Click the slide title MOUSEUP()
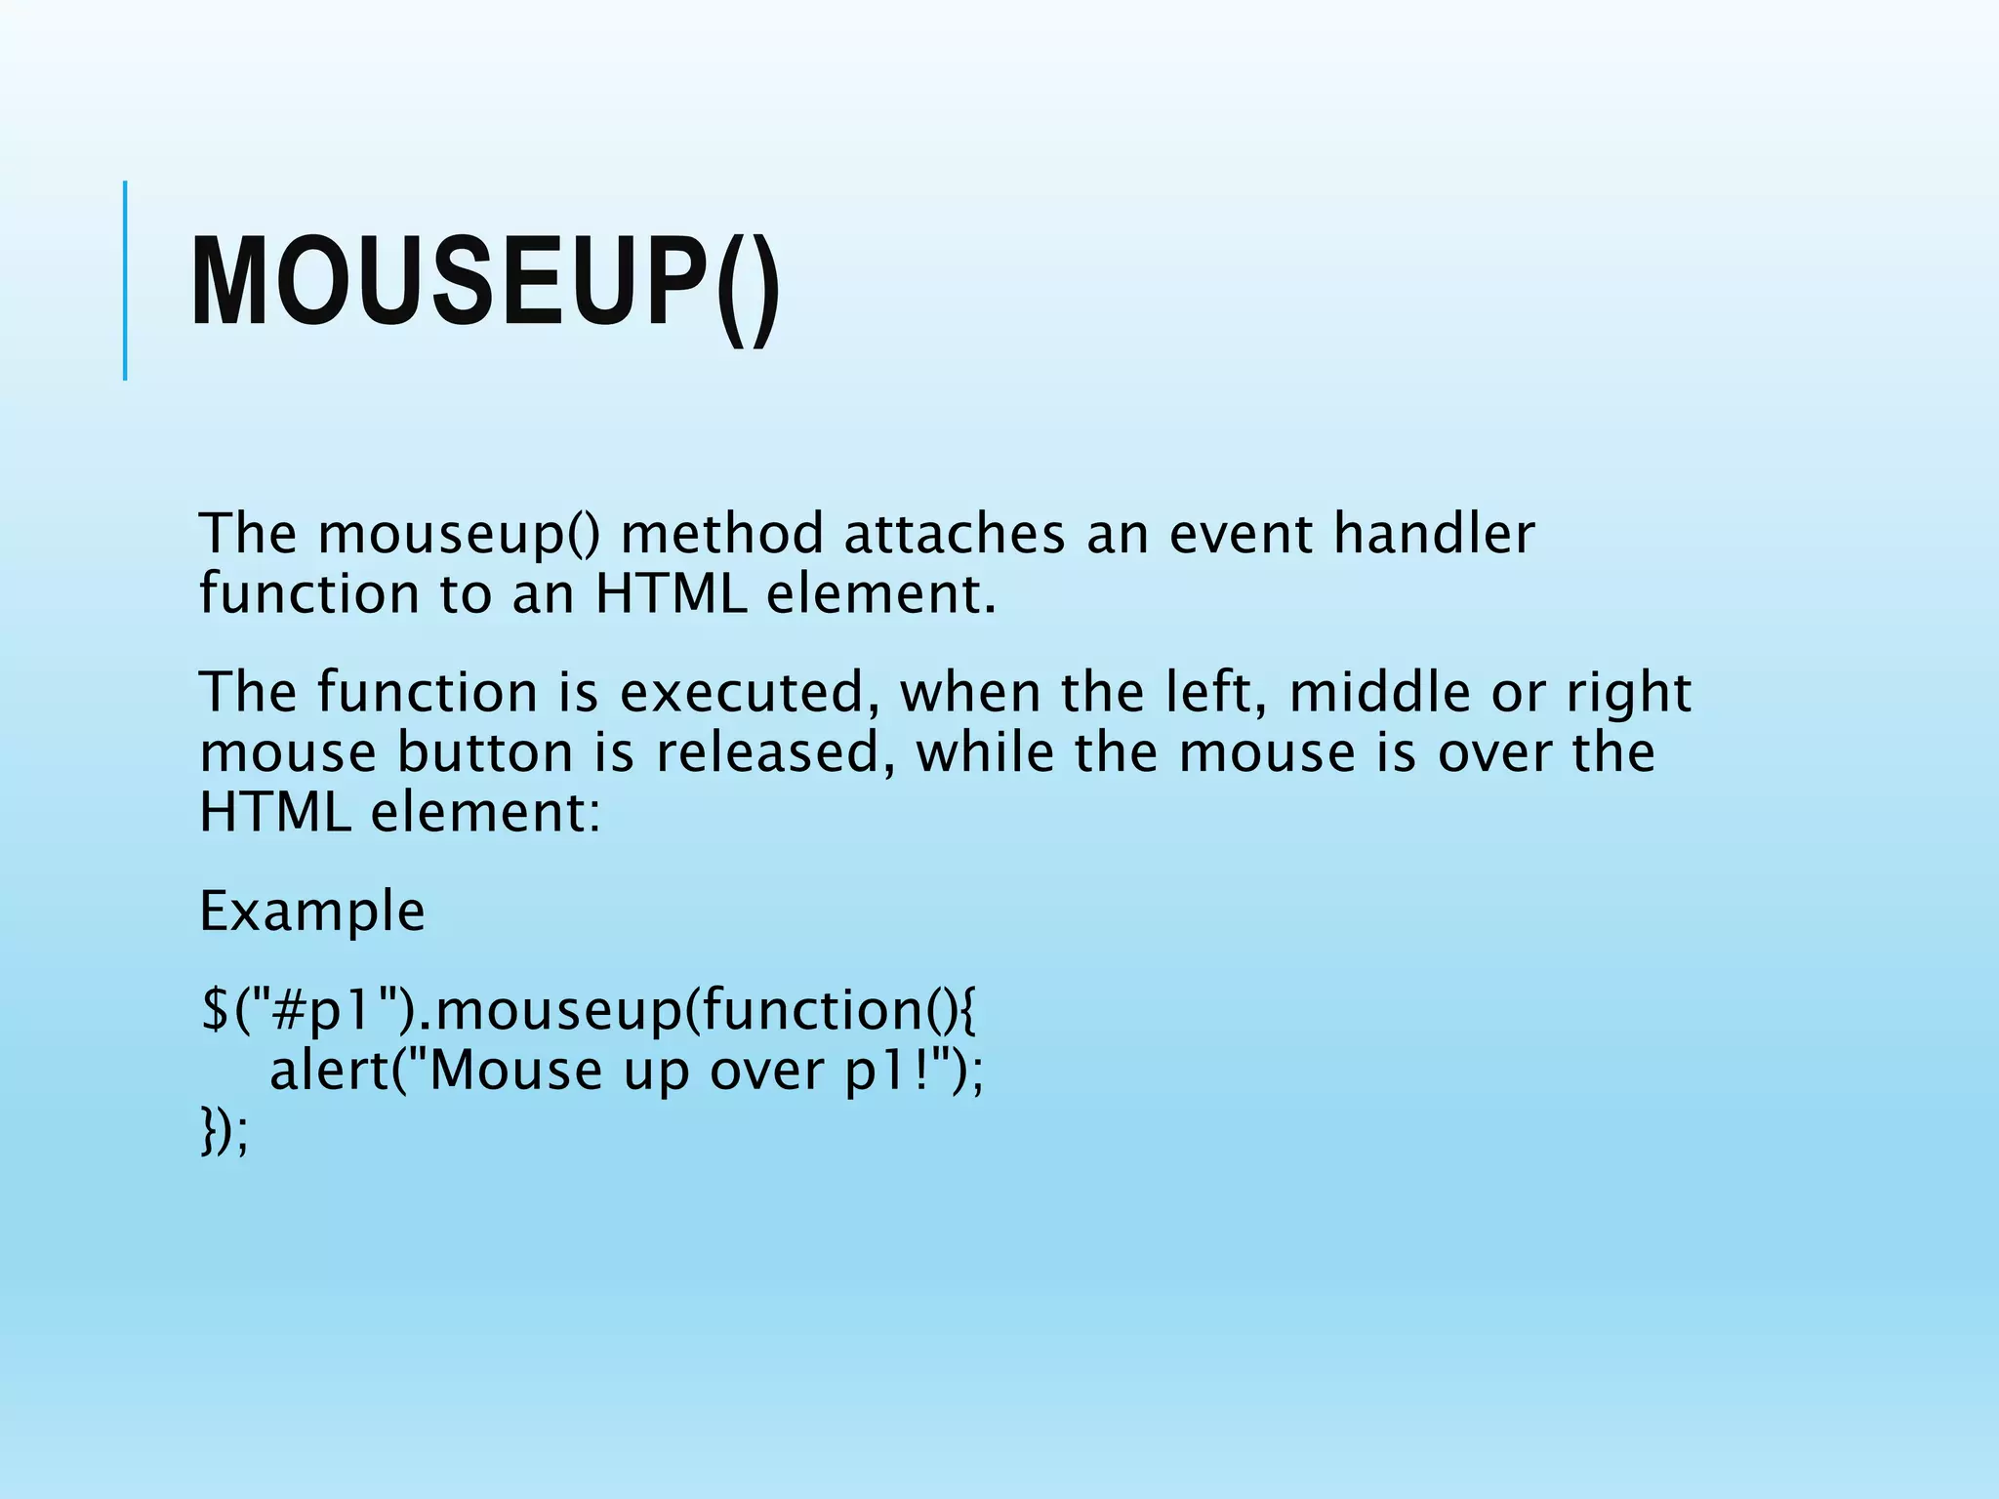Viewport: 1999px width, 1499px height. pyautogui.click(x=485, y=283)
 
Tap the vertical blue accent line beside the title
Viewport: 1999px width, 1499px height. pyautogui.click(x=125, y=280)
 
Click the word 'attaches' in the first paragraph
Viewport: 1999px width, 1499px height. pyautogui.click(x=954, y=535)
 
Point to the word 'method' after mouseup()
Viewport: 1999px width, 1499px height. pyautogui.click(x=722, y=535)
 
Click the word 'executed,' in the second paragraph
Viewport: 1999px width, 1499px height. pyautogui.click(x=742, y=693)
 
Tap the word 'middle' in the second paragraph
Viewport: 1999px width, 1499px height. pyautogui.click(x=1379, y=693)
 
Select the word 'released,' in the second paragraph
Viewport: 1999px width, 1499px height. pyautogui.click(x=768, y=753)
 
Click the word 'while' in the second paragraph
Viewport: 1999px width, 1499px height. pyautogui.click(x=984, y=753)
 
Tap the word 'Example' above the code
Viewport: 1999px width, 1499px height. pyautogui.click(x=311, y=912)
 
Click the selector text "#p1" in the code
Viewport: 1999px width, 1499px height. pyautogui.click(x=320, y=1010)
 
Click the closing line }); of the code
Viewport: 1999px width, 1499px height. pyautogui.click(x=224, y=1132)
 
